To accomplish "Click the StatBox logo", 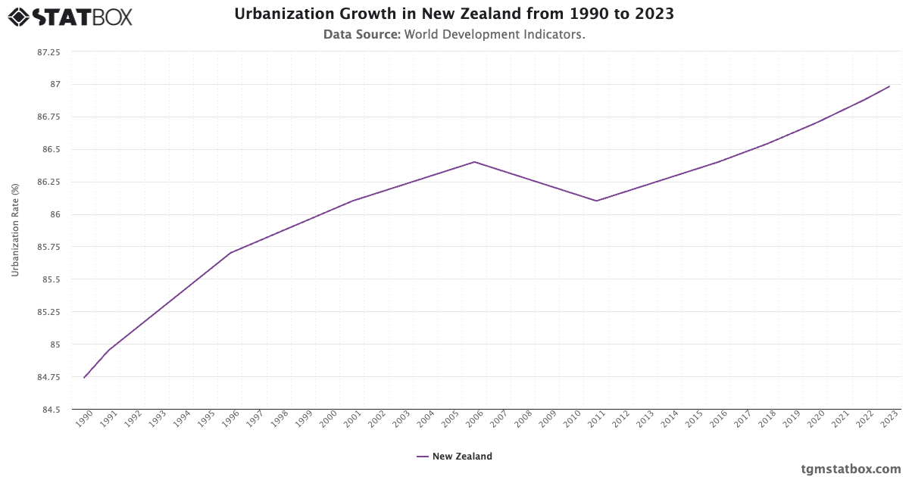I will (70, 17).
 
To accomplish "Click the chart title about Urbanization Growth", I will (454, 14).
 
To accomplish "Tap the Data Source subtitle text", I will (454, 34).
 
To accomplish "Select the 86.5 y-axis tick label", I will (51, 149).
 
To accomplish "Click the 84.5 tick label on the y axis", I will (51, 410).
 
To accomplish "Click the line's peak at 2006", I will (474, 162).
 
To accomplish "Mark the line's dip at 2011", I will (597, 201).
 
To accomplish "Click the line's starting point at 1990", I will (84, 377).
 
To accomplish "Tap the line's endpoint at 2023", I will (889, 86).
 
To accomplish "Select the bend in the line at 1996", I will (230, 253).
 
